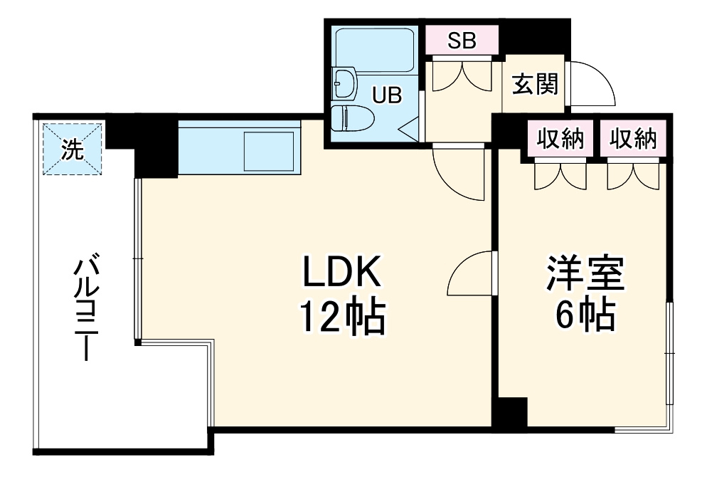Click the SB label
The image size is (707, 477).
[x=462, y=41]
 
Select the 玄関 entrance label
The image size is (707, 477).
[x=535, y=85]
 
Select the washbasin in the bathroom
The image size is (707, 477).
[x=344, y=83]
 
